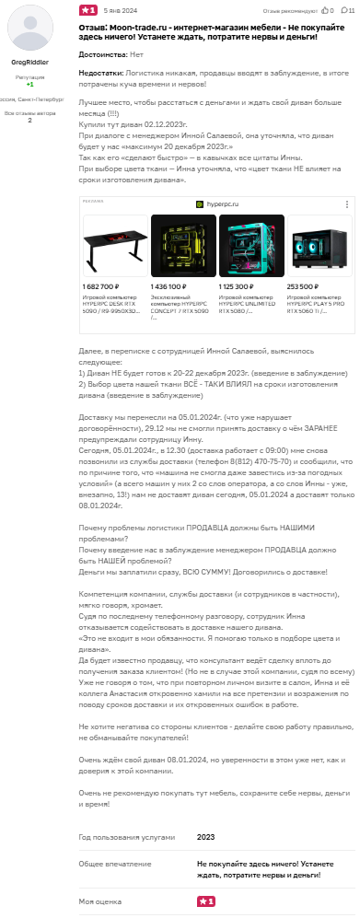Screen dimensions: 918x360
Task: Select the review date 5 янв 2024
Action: [118, 10]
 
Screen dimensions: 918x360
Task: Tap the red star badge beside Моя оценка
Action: [206, 901]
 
